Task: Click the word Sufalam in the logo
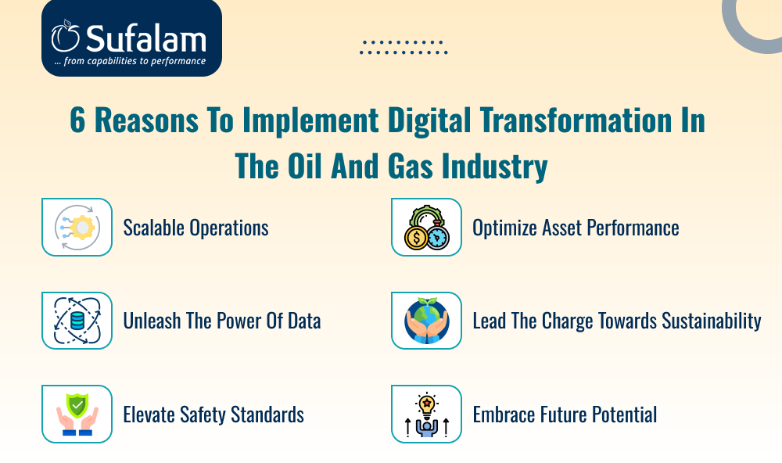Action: pyautogui.click(x=145, y=38)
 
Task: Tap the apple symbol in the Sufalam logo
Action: pyautogui.click(x=66, y=36)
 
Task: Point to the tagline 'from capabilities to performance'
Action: pyautogui.click(x=135, y=61)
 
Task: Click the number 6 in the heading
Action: pyautogui.click(x=77, y=120)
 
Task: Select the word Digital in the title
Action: pyautogui.click(x=429, y=121)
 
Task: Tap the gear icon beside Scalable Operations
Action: pyautogui.click(x=82, y=228)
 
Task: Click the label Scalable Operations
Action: pyautogui.click(x=196, y=228)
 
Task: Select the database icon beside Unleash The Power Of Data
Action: pyautogui.click(x=77, y=321)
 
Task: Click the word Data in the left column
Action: pyautogui.click(x=304, y=321)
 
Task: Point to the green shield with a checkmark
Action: pyautogui.click(x=77, y=405)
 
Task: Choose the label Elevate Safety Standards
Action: pyautogui.click(x=213, y=415)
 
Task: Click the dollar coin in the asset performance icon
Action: pyautogui.click(x=416, y=238)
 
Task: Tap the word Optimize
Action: pyautogui.click(x=504, y=228)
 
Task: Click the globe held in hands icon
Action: pyautogui.click(x=426, y=321)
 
